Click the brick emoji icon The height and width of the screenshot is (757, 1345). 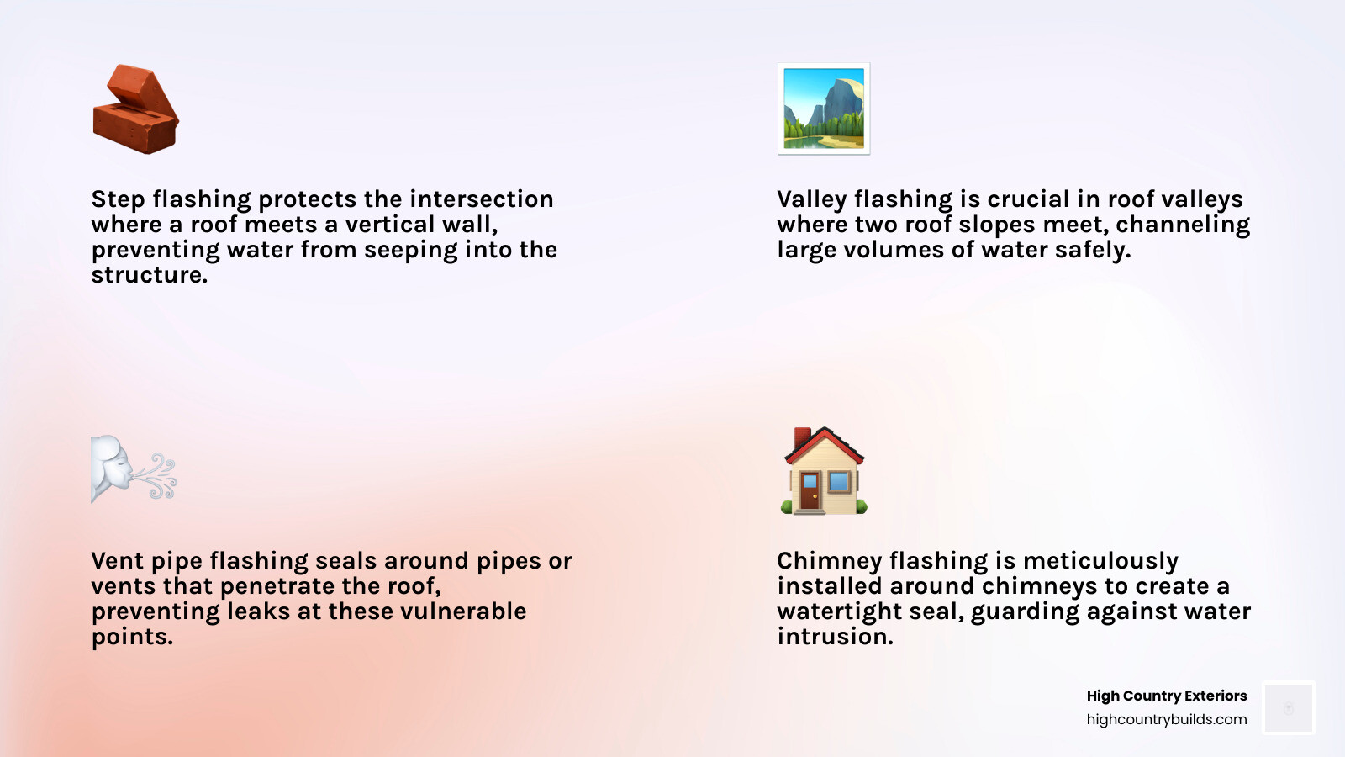point(135,109)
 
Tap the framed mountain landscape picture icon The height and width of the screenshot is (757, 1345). point(824,109)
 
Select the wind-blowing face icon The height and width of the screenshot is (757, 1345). point(134,468)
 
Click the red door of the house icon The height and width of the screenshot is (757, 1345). point(810,491)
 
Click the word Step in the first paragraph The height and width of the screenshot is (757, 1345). point(118,199)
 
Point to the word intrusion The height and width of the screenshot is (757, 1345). point(835,637)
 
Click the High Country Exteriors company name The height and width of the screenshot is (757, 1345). point(1166,696)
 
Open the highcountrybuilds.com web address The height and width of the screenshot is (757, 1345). point(1166,719)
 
